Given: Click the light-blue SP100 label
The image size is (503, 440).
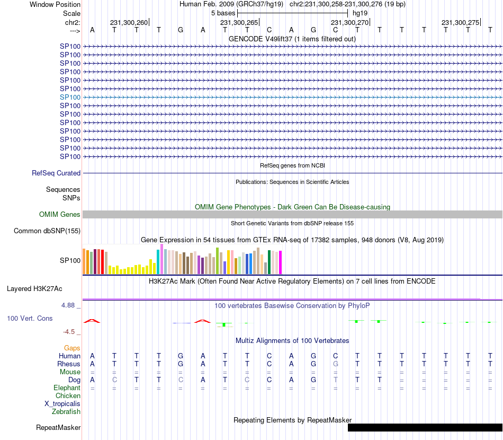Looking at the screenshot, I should [70, 97].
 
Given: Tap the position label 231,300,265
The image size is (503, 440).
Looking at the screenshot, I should [239, 22].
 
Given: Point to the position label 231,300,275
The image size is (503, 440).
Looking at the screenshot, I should [460, 22].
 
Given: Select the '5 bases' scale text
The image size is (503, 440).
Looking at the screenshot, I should [223, 13].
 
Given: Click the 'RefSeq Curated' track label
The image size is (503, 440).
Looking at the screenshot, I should [56, 173].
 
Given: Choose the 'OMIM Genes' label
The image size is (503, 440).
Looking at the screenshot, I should [59, 214].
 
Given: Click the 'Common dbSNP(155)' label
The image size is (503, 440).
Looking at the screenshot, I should [47, 231].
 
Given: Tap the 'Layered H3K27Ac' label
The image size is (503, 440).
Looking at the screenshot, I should [34, 288].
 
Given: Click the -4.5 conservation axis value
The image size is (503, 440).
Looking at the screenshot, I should [69, 332].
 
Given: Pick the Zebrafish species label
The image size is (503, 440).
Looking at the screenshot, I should [66, 411].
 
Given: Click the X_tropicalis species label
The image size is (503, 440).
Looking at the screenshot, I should [62, 403].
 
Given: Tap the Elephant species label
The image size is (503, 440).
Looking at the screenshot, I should [67, 388].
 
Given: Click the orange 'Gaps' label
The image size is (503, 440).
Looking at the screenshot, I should [72, 348].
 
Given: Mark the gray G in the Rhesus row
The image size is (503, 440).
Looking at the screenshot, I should [335, 364].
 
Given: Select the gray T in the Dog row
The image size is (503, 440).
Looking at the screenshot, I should [335, 380].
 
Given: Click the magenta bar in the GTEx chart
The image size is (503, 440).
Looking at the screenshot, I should [280, 262].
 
